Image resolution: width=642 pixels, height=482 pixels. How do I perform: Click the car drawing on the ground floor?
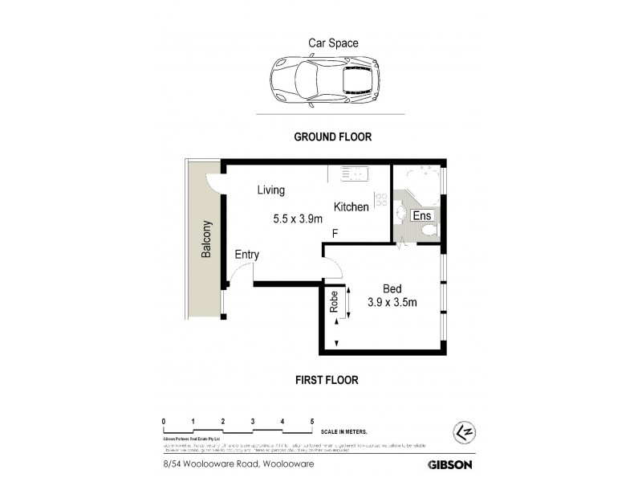pyautogui.click(x=324, y=80)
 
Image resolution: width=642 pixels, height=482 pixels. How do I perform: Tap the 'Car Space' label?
pyautogui.click(x=333, y=43)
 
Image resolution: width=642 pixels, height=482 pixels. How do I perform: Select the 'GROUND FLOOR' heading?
pyautogui.click(x=332, y=137)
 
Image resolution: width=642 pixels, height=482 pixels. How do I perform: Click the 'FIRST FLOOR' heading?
pyautogui.click(x=326, y=380)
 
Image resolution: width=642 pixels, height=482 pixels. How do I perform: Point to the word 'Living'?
pyautogui.click(x=271, y=190)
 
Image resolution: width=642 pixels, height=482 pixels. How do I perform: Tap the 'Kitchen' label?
pyautogui.click(x=351, y=207)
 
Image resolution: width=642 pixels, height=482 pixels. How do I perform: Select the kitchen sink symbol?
pyautogui.click(x=352, y=173)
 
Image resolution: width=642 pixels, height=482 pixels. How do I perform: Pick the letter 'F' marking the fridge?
pyautogui.click(x=336, y=235)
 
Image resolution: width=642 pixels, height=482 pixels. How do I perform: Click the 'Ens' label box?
pyautogui.click(x=421, y=215)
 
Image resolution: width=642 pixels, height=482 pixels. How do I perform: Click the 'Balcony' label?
pyautogui.click(x=206, y=239)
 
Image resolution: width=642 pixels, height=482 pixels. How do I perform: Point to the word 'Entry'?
pyautogui.click(x=247, y=255)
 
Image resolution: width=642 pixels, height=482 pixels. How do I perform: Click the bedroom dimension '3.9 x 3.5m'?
pyautogui.click(x=392, y=303)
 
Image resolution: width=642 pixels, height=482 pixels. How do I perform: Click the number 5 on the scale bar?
pyautogui.click(x=311, y=421)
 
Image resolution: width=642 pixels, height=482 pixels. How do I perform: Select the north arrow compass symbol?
pyautogui.click(x=459, y=432)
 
